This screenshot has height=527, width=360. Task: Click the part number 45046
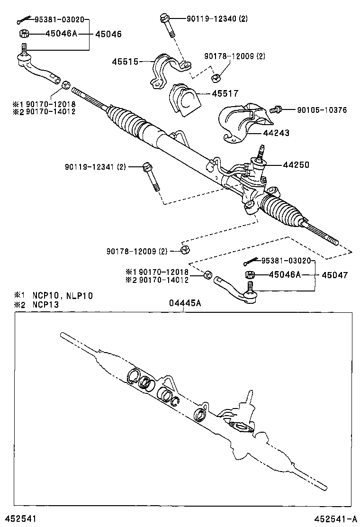pos(108,34)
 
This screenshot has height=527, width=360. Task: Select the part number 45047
pos(335,275)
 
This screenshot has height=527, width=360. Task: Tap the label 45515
pos(126,62)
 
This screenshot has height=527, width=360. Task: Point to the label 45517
pos(225,94)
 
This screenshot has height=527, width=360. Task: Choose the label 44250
pos(296,165)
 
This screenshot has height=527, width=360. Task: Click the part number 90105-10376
pos(322,110)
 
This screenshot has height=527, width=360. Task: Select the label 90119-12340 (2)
pos(217,19)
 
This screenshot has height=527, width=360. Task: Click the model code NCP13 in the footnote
pos(45,305)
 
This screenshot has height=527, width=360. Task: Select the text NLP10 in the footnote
pos(79,296)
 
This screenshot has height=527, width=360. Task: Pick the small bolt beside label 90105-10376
pos(276,110)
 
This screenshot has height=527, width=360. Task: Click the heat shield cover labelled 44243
pos(240,122)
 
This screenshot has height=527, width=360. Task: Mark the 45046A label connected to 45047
pos(285,275)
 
